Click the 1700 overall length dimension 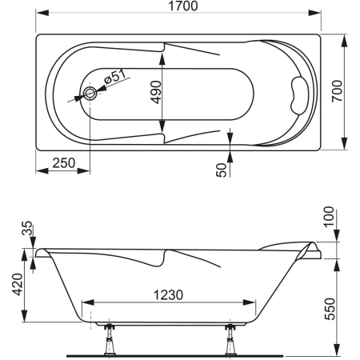tap(183, 6)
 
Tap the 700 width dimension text tap(337, 91)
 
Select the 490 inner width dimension tap(156, 92)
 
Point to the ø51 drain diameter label tap(115, 78)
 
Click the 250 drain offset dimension tap(64, 163)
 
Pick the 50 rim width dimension tap(222, 170)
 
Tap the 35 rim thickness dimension tap(27, 228)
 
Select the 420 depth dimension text tap(18, 284)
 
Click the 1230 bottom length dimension tap(168, 295)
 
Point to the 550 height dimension tap(330, 309)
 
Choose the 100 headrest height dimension tap(329, 217)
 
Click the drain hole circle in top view tap(90, 93)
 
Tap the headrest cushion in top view tap(299, 95)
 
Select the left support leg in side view tap(109, 339)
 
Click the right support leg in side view tap(230, 339)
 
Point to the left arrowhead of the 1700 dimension tap(42, 13)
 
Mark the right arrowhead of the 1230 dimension tap(249, 302)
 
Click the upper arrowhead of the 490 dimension tap(162, 58)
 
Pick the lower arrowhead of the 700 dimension tap(344, 143)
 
